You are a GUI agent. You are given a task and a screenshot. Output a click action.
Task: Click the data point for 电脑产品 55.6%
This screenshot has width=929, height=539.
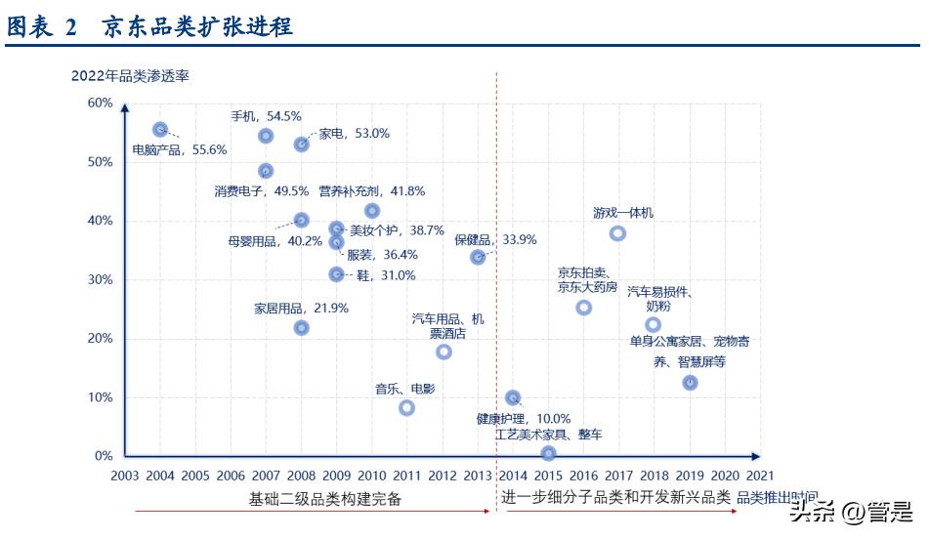[x=160, y=130]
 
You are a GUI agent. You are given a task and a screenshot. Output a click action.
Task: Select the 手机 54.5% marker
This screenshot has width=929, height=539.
[x=266, y=136]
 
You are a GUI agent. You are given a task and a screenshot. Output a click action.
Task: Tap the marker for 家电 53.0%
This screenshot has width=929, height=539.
[x=302, y=145]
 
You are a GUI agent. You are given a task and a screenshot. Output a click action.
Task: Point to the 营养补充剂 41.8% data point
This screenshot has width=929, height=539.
[x=372, y=211]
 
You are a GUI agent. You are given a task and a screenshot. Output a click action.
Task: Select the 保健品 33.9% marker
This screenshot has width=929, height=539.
[x=478, y=257]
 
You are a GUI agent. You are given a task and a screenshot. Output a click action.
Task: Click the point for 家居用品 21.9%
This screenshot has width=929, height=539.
[x=302, y=328]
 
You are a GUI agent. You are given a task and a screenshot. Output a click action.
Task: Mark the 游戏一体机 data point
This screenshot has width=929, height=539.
[x=617, y=233]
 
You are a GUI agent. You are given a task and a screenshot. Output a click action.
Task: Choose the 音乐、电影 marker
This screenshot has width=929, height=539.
[x=407, y=408]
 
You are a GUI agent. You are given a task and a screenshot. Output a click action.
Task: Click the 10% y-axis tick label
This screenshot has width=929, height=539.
[x=101, y=397]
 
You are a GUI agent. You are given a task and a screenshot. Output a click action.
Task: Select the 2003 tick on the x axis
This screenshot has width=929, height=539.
[x=125, y=476]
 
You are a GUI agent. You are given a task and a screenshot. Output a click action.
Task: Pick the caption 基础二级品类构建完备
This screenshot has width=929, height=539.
[x=324, y=499]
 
